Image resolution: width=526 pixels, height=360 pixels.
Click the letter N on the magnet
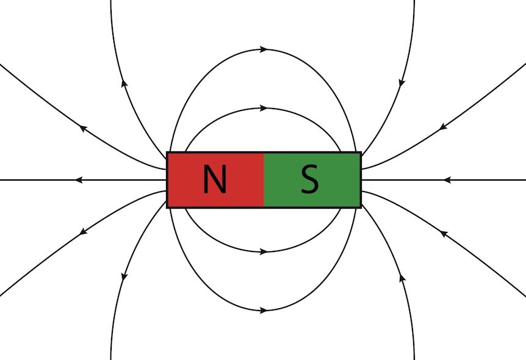click(215, 179)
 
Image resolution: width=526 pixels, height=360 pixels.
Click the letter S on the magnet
click(309, 179)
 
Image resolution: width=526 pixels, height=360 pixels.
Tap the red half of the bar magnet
click(215, 180)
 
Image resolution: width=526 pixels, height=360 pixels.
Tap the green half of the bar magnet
click(312, 180)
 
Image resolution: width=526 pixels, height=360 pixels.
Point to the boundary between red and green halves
click(264, 180)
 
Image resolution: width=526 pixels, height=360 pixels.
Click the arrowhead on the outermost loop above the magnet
click(264, 49)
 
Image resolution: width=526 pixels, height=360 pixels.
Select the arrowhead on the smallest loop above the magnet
click(264, 108)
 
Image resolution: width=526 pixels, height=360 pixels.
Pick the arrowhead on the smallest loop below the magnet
click(264, 251)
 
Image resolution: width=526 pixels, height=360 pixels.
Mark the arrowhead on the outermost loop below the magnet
click(264, 311)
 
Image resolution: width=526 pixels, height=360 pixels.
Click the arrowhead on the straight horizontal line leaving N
click(79, 180)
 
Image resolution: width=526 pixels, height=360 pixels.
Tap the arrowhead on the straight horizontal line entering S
click(447, 180)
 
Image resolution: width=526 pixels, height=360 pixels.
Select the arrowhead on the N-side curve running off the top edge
click(124, 82)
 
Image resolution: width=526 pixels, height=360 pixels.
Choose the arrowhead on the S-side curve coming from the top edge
click(402, 83)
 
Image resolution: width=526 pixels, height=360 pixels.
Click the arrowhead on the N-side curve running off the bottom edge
click(124, 277)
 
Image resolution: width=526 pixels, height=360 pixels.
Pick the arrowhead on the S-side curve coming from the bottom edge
click(402, 278)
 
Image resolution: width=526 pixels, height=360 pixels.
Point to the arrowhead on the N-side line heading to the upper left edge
click(83, 128)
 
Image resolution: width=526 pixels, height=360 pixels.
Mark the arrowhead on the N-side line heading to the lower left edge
click(83, 231)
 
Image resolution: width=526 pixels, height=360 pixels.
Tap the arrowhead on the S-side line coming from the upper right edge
click(444, 126)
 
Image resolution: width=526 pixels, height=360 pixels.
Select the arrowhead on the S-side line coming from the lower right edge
click(444, 234)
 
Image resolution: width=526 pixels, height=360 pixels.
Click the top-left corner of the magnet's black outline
click(167, 153)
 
